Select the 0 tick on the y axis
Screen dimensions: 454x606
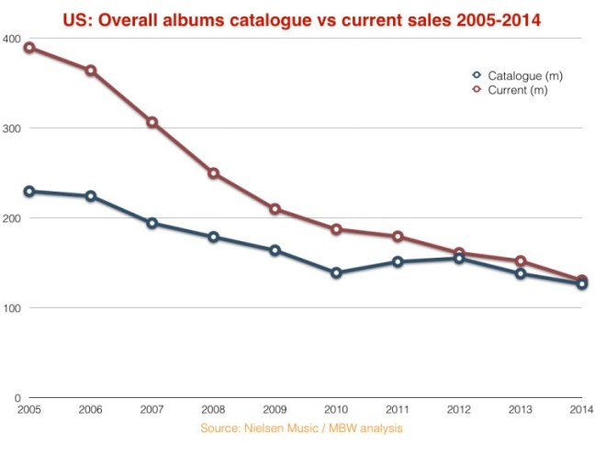[x=17, y=398]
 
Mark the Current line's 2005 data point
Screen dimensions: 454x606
[x=29, y=48]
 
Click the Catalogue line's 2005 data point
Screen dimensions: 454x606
[x=29, y=192]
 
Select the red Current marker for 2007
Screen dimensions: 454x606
[x=152, y=122]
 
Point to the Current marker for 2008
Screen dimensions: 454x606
[x=214, y=173]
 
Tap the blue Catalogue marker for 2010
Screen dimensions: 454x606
[x=336, y=272]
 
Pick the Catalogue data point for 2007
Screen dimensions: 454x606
[x=152, y=223]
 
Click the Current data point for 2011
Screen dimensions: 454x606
[x=398, y=237]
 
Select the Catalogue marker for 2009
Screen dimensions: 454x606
[x=275, y=250]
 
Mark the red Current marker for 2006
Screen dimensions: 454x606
[x=91, y=71]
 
